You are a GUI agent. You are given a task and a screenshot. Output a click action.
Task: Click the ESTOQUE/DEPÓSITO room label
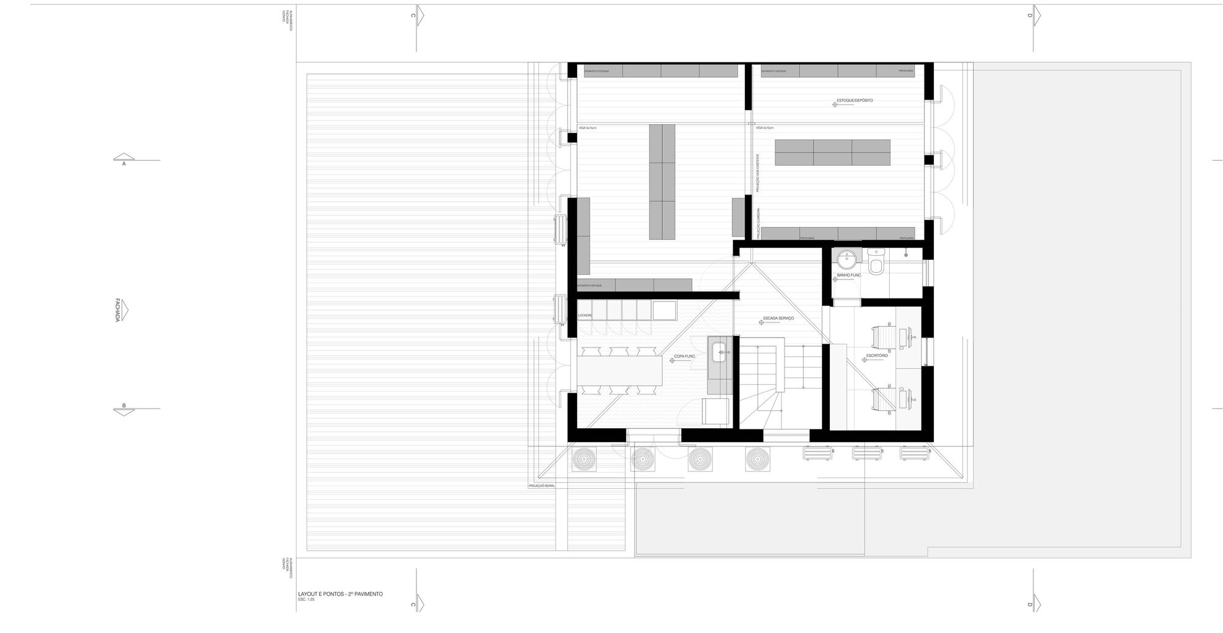click(854, 100)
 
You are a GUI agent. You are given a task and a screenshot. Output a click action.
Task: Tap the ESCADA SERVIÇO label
click(778, 319)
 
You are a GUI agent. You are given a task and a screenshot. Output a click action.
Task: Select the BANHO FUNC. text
click(849, 275)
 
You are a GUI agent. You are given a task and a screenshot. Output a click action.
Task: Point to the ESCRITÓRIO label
click(877, 355)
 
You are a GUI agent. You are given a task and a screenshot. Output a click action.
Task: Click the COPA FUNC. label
click(685, 356)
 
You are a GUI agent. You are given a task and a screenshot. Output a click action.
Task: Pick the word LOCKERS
click(585, 316)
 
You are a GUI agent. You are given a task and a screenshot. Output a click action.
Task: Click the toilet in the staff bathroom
click(876, 264)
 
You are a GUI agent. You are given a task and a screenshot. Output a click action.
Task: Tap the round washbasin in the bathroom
click(847, 259)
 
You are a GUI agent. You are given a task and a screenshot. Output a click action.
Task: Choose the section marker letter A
click(124, 164)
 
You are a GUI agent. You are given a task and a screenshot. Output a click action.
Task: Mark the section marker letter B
click(124, 405)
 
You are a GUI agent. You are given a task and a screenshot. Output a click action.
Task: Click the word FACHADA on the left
click(117, 310)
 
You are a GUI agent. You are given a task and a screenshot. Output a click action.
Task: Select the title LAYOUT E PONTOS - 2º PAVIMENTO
click(340, 594)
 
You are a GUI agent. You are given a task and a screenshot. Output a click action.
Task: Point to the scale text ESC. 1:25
click(306, 600)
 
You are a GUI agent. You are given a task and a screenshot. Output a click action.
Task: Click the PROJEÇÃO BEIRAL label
click(541, 486)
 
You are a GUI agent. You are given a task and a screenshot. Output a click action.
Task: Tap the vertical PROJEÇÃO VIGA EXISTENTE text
click(758, 173)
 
